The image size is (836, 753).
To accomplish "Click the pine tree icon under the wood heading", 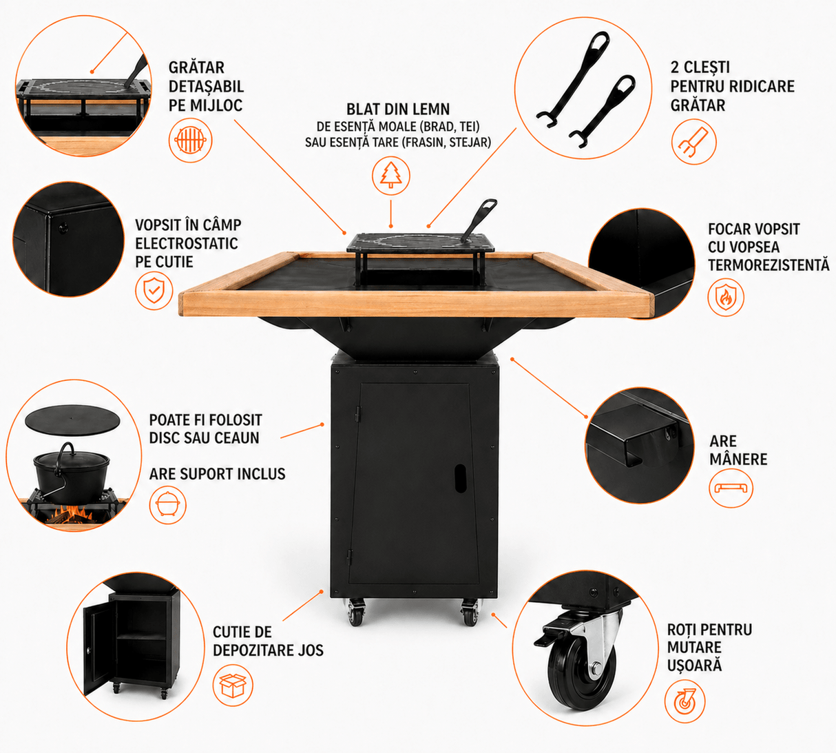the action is point(391,176).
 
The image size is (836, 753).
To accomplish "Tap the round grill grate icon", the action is point(191,140).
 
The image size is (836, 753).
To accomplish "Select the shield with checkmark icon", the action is point(154,291).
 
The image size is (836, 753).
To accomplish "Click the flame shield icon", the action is point(726,298).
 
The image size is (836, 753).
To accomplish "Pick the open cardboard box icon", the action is point(233,685).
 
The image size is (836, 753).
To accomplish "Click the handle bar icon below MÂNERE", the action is point(731,488).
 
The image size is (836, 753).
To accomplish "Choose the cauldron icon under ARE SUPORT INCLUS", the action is point(167,506).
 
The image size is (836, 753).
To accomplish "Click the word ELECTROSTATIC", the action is point(187,243).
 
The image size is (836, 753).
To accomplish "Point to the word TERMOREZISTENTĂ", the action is point(769,265).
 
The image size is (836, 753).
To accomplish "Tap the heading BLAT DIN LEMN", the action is point(398,110).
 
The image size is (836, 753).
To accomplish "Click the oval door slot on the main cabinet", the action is point(460,478).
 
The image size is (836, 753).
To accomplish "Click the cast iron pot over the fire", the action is point(71,475).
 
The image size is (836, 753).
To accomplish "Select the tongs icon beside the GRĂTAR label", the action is point(693,142).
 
